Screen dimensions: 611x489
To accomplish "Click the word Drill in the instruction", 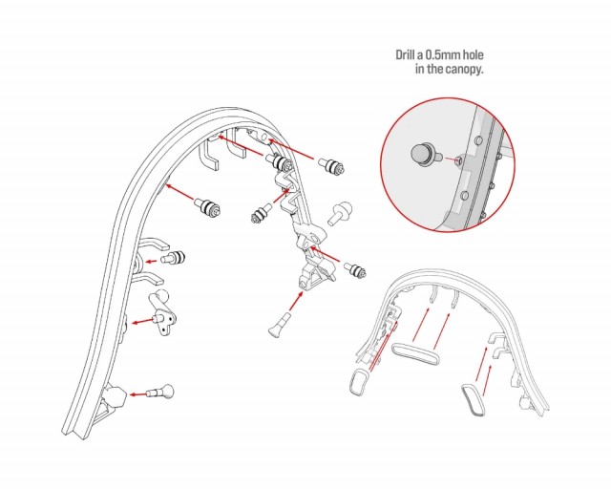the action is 406,55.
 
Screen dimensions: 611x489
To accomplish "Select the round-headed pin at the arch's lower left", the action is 160,392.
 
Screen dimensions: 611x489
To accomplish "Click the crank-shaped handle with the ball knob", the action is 163,311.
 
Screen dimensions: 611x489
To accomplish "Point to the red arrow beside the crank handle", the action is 142,322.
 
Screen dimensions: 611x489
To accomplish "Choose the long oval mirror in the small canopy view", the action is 415,353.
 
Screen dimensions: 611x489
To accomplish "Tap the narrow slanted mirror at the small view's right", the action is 474,400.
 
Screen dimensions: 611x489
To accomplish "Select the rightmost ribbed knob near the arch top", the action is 331,166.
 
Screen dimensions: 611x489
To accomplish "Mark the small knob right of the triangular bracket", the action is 354,270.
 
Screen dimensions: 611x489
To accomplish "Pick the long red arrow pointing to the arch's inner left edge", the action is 180,194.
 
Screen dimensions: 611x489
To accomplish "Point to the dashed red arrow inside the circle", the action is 452,159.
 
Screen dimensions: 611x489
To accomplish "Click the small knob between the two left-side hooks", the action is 174,258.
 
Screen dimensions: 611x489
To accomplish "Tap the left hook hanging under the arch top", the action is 208,155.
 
